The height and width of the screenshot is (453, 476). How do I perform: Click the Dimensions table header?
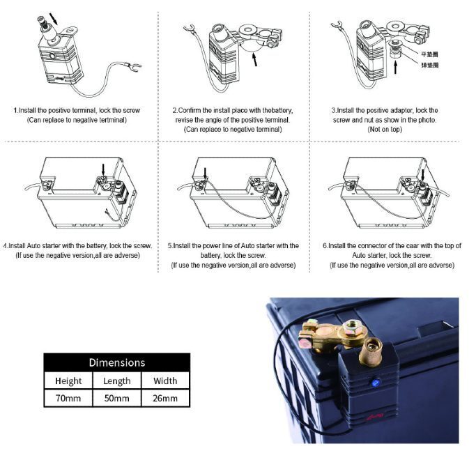[116, 362]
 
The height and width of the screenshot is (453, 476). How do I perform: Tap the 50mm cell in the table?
[116, 399]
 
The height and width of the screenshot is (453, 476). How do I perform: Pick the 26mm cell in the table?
[165, 399]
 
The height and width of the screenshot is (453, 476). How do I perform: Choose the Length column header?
[116, 381]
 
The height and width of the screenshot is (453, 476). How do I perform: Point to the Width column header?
[165, 381]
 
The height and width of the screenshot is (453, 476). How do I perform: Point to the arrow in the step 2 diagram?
[255, 59]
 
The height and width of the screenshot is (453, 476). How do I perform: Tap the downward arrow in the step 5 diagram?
[205, 171]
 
